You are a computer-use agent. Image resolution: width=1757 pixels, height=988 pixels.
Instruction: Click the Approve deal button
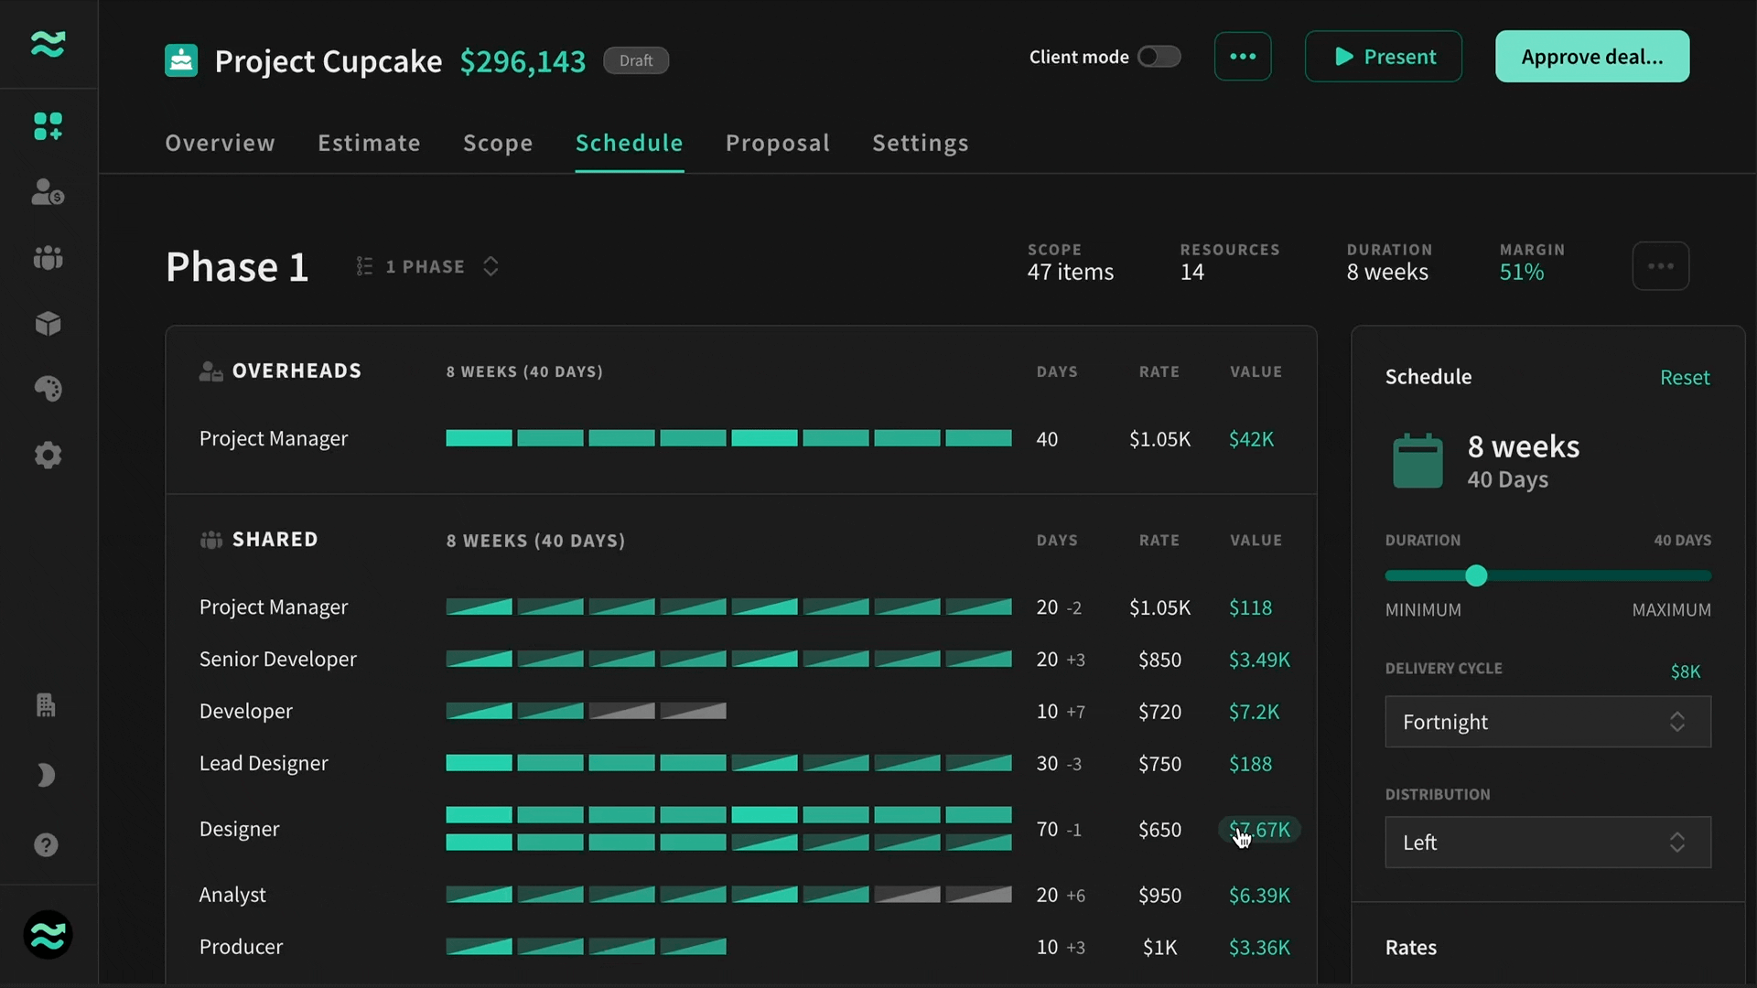click(1592, 57)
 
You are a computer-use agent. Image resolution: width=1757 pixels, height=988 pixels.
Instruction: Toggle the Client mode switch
click(1159, 57)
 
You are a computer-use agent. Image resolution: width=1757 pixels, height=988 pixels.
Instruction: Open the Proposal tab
click(778, 143)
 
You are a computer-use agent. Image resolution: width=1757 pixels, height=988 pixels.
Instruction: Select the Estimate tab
click(369, 143)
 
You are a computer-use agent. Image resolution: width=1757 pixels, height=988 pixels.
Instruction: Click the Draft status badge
click(636, 60)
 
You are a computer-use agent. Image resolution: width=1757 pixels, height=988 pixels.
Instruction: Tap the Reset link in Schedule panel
click(1685, 377)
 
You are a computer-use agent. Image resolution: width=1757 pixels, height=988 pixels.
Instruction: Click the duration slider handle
click(1476, 575)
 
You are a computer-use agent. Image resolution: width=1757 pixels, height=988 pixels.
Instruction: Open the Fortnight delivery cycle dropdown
click(1548, 722)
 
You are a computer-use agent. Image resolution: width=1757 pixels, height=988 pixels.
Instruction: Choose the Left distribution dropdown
click(1548, 842)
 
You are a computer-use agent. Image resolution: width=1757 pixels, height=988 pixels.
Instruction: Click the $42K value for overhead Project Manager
click(1251, 439)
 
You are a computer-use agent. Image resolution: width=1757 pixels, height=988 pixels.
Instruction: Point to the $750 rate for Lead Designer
click(1159, 764)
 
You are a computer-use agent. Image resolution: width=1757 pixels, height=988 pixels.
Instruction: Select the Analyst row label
click(232, 895)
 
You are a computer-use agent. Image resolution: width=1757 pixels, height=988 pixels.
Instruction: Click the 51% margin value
click(1522, 272)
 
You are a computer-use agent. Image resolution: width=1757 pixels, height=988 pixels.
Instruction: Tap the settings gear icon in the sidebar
click(48, 455)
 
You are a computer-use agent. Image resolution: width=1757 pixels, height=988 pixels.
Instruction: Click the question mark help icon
click(46, 844)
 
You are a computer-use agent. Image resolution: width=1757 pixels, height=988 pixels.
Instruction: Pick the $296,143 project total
click(523, 61)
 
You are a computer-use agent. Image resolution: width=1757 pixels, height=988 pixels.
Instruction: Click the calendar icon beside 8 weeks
click(1417, 460)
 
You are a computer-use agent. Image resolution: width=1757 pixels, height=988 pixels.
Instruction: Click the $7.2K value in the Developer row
click(1254, 712)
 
